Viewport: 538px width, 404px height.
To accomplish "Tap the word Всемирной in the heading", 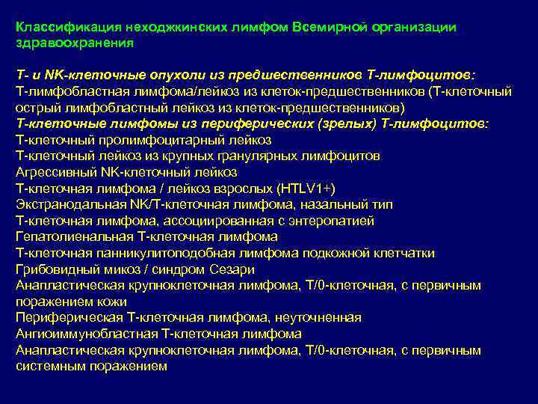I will (x=327, y=27).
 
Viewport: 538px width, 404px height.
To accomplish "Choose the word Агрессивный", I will (x=55, y=172).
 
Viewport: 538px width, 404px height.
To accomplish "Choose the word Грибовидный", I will (x=55, y=269).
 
